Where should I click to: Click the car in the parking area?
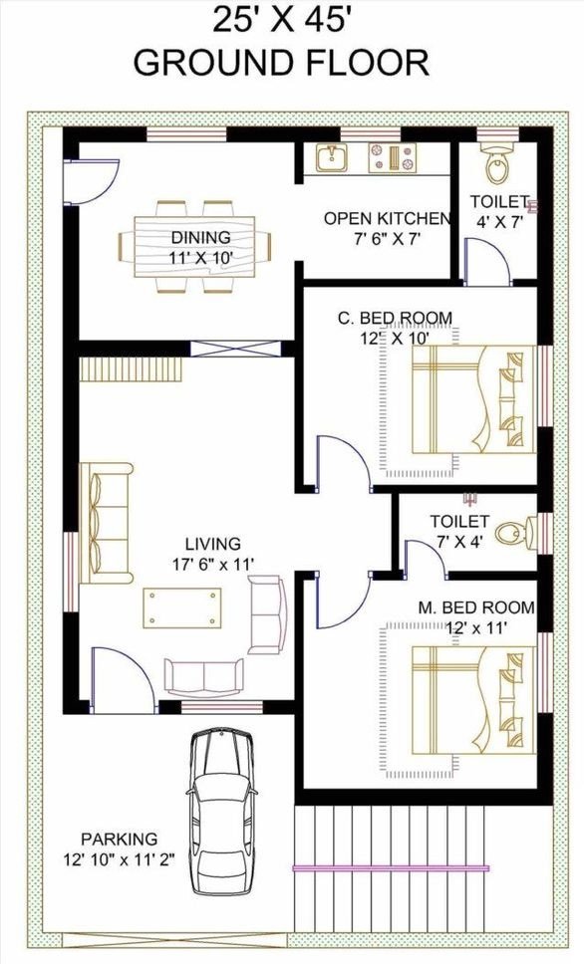click(x=221, y=812)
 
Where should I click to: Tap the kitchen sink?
click(x=332, y=158)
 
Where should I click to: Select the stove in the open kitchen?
click(x=392, y=158)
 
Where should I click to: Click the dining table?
click(x=194, y=247)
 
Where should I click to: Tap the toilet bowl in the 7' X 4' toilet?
click(x=515, y=534)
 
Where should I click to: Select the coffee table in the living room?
click(x=182, y=608)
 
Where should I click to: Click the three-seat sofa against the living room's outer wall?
click(x=106, y=523)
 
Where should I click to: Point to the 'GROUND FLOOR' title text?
click(x=281, y=63)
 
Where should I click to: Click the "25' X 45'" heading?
click(x=282, y=20)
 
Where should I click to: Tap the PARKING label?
click(x=120, y=839)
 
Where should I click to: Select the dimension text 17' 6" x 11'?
click(x=213, y=565)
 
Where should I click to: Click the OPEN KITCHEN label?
click(x=387, y=218)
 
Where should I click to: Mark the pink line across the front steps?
click(x=391, y=868)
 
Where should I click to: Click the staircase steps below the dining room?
click(x=132, y=369)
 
